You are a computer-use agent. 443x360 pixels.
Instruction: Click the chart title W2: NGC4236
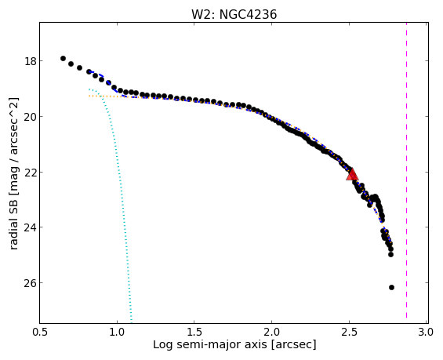pyautogui.click(x=234, y=14)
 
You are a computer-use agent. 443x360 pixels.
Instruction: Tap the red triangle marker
pyautogui.click(x=352, y=175)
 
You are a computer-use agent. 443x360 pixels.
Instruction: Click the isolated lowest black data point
pyautogui.click(x=391, y=287)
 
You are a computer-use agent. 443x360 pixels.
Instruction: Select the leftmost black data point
pyautogui.click(x=63, y=59)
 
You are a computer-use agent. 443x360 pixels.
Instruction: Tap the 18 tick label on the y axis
pyautogui.click(x=30, y=61)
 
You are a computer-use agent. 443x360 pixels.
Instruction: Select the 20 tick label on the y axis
pyautogui.click(x=30, y=116)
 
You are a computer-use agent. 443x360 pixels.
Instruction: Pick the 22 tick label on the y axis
pyautogui.click(x=30, y=172)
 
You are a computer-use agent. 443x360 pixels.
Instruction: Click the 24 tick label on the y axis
pyautogui.click(x=30, y=227)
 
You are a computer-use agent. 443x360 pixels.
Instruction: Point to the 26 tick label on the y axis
pyautogui.click(x=30, y=283)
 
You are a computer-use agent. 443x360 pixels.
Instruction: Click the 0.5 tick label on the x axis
pyautogui.click(x=40, y=332)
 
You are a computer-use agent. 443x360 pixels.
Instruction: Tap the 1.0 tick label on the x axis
pyautogui.click(x=117, y=332)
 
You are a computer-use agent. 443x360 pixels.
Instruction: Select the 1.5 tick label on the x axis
pyautogui.click(x=194, y=332)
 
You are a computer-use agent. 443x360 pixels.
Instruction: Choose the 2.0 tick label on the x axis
pyautogui.click(x=271, y=332)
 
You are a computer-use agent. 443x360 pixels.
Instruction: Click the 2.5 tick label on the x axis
pyautogui.click(x=349, y=332)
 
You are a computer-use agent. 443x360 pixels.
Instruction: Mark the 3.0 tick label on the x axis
pyautogui.click(x=426, y=332)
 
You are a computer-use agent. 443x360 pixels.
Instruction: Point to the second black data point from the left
pyautogui.click(x=71, y=64)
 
